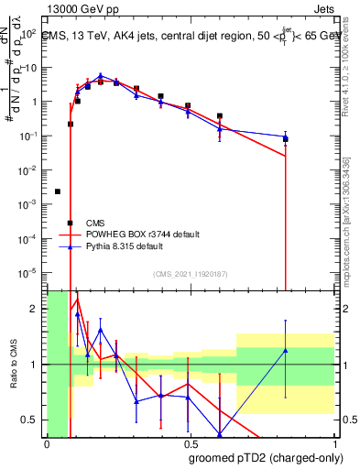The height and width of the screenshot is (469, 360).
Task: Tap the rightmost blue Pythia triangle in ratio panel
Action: pos(286,351)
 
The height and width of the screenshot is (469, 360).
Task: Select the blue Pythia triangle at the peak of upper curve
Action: pos(101,76)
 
